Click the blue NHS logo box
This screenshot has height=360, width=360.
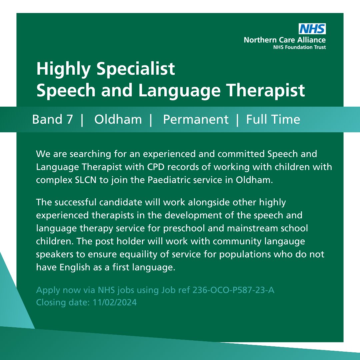[x=312, y=29]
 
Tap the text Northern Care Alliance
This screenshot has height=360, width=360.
[x=285, y=40]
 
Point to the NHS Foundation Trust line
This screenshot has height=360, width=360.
[x=299, y=47]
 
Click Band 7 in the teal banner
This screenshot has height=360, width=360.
[x=52, y=119]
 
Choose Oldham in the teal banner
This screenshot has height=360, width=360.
[x=118, y=119]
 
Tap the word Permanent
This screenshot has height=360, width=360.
[x=196, y=119]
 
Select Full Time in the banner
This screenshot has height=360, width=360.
[x=273, y=119]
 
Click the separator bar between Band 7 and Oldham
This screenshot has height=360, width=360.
[x=82, y=119]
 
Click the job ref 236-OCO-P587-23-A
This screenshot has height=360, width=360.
[x=233, y=290]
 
